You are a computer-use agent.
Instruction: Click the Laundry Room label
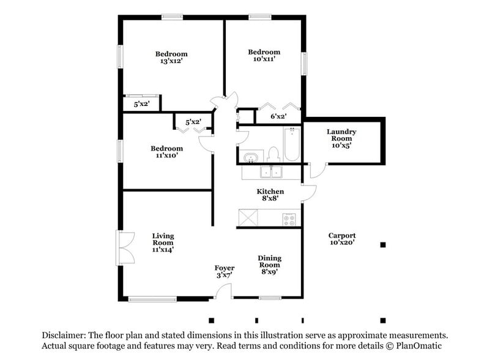click(x=341, y=138)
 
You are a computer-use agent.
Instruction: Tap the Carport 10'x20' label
click(x=342, y=239)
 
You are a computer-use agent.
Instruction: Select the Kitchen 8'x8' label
click(x=270, y=195)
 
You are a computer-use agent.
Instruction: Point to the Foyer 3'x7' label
click(x=225, y=272)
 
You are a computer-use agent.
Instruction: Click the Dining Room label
click(x=270, y=265)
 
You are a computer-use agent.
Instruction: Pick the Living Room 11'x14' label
click(x=163, y=242)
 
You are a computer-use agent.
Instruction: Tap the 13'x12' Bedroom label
click(x=171, y=57)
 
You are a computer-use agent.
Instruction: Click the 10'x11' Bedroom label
click(x=264, y=55)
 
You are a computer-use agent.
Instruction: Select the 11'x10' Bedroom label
click(x=166, y=152)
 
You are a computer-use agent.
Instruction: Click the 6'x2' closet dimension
click(x=278, y=116)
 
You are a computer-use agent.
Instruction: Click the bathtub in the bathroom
click(x=292, y=144)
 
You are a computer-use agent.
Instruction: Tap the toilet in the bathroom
click(x=273, y=155)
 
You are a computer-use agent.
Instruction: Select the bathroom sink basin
click(x=251, y=157)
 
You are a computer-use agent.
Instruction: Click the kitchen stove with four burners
click(x=289, y=219)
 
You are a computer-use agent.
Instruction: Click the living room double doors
click(x=125, y=248)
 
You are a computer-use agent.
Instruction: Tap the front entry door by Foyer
click(x=223, y=291)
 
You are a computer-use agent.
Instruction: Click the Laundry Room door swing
click(x=318, y=171)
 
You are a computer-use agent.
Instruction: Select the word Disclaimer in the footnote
click(x=64, y=335)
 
